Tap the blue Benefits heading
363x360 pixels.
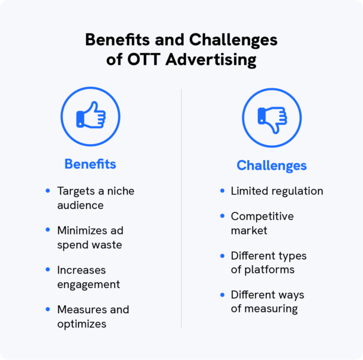pyautogui.click(x=90, y=164)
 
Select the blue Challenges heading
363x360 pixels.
pyautogui.click(x=271, y=166)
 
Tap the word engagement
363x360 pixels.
pyautogui.click(x=88, y=284)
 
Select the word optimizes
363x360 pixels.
pyautogui.click(x=82, y=324)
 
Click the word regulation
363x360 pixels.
pyautogui.click(x=297, y=191)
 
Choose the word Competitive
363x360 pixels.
pyautogui.click(x=262, y=216)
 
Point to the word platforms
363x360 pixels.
pyautogui.click(x=269, y=270)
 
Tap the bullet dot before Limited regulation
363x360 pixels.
pyautogui.click(x=222, y=191)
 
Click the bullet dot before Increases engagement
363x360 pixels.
pyautogui.click(x=48, y=270)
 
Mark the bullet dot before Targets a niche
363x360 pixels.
pyautogui.click(x=48, y=191)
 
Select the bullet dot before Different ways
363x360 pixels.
pyautogui.click(x=222, y=295)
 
